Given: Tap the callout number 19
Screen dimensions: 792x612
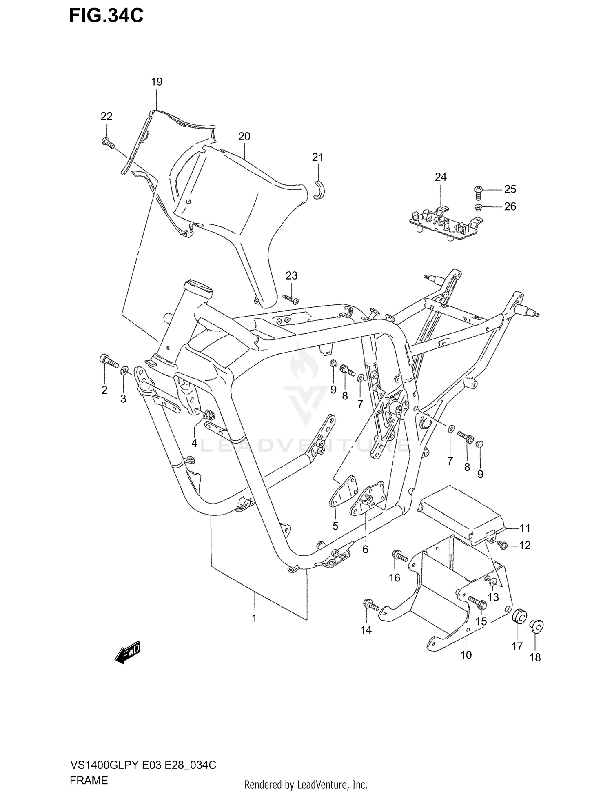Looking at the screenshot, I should (157, 82).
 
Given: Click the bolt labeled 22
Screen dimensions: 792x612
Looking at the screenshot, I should (107, 142).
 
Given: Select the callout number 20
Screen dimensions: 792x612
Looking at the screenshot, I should (244, 136).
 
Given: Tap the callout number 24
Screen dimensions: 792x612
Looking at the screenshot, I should (441, 177).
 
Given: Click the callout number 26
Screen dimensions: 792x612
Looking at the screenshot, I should (510, 206).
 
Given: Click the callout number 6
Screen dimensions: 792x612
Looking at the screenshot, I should (365, 550).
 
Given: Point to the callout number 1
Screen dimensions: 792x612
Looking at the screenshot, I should (254, 618).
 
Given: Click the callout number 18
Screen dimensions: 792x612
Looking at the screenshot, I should (535, 657).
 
